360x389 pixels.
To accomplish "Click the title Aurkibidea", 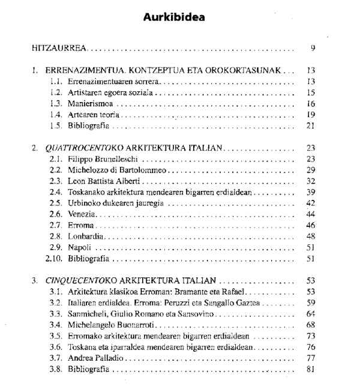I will pyautogui.click(x=173, y=16).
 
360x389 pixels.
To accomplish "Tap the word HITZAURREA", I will pyautogui.click(x=61, y=47).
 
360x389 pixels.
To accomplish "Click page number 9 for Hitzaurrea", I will pyautogui.click(x=313, y=47).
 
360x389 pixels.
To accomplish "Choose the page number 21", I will pyautogui.click(x=311, y=125).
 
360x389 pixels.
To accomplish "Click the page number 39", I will pyautogui.click(x=311, y=192).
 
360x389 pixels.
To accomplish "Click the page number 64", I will pyautogui.click(x=311, y=314).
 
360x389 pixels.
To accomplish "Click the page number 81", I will pyautogui.click(x=311, y=369).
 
